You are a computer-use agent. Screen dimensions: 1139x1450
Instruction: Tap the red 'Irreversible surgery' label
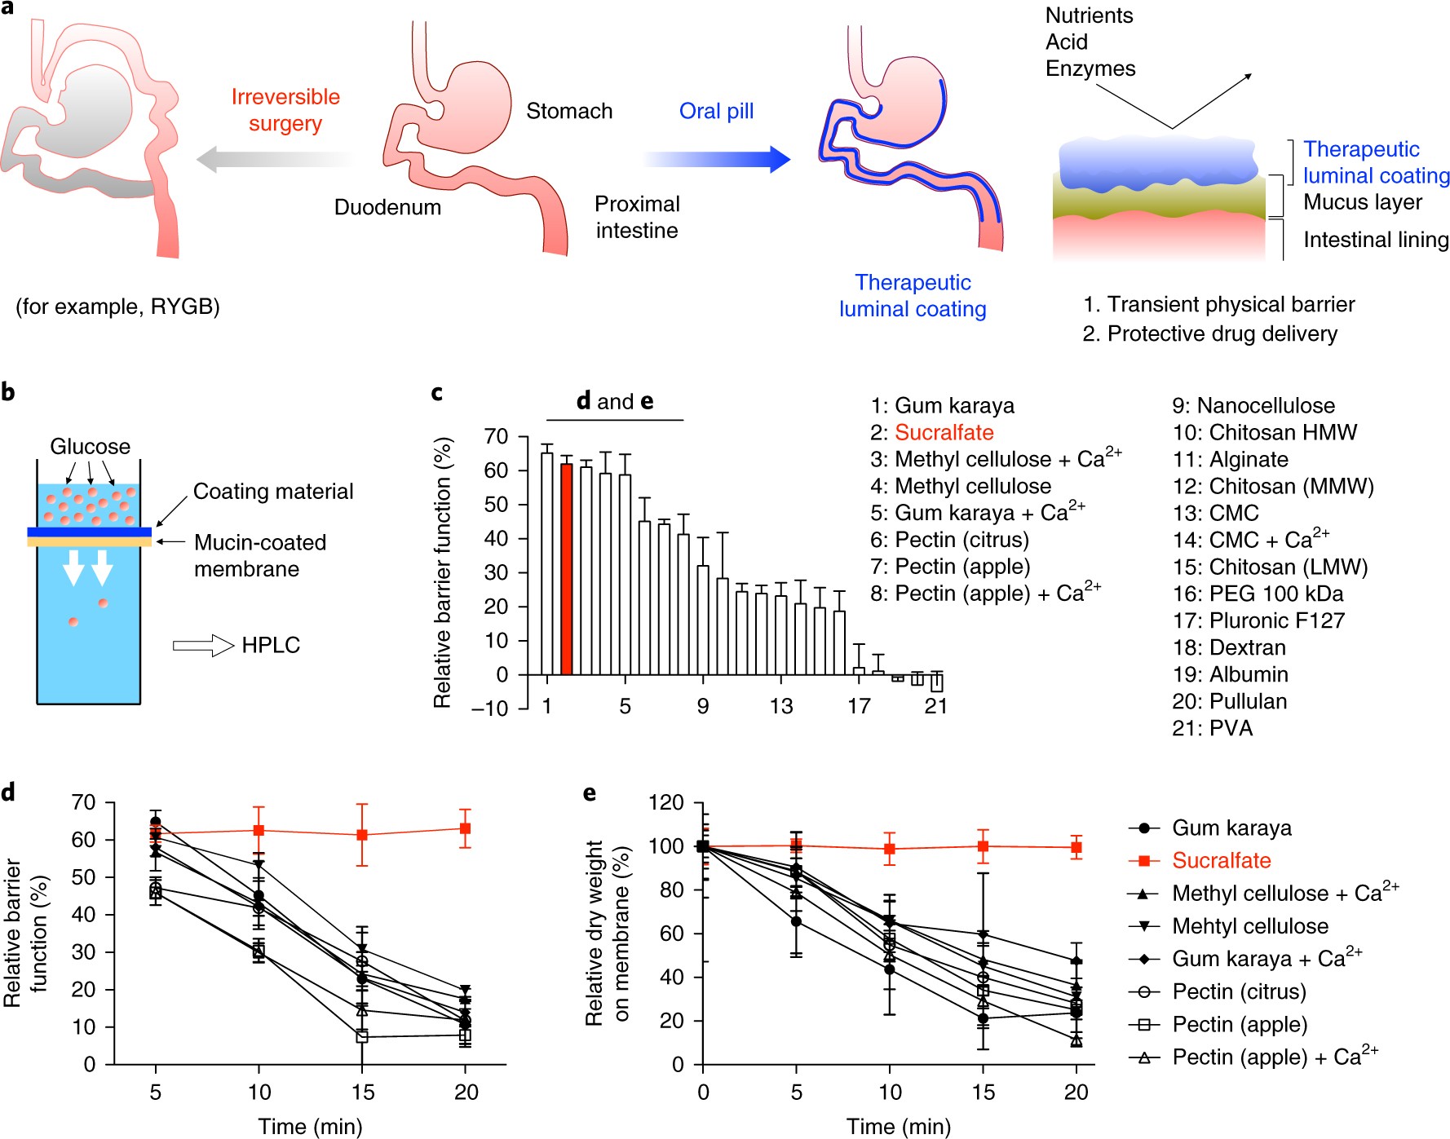285,110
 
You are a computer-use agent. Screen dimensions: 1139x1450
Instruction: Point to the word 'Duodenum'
387,207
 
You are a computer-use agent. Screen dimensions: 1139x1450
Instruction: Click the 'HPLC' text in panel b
271,645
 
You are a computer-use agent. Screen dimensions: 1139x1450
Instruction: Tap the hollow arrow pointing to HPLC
203,646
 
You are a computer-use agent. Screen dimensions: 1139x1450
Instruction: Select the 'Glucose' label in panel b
90,447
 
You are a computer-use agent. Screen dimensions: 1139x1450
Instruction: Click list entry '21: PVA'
1212,728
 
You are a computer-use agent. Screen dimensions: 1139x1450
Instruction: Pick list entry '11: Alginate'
1230,460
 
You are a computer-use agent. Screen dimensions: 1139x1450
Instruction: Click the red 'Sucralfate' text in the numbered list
944,433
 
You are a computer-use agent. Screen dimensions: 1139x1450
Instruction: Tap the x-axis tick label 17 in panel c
859,706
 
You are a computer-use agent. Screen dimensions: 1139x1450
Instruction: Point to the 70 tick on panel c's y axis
495,437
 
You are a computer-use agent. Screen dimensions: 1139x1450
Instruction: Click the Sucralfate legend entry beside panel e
1221,860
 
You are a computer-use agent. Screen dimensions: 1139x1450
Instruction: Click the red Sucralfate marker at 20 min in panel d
466,828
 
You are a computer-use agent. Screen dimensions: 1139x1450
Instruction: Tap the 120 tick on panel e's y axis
665,803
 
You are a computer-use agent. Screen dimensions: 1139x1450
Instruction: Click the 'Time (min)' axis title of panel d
310,1126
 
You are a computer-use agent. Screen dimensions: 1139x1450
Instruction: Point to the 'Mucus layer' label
1362,202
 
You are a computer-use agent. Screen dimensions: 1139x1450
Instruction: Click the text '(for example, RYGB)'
118,307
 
